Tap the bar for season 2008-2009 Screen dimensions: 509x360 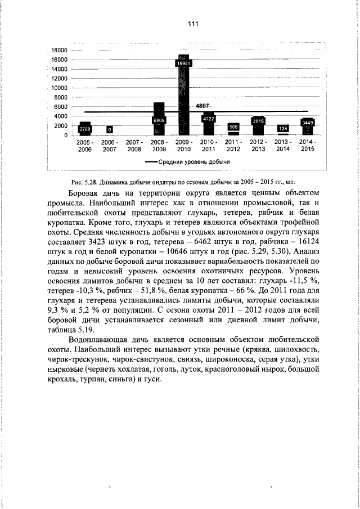point(159,119)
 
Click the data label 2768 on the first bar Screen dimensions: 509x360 point(84,129)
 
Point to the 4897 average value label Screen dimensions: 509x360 point(202,106)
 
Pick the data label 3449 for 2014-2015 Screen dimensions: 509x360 point(308,122)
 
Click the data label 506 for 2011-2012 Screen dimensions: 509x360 point(233,127)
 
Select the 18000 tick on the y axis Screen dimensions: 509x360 point(59,51)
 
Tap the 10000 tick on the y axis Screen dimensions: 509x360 point(59,88)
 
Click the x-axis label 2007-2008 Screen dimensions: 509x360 point(134,146)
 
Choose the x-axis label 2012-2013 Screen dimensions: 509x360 point(258,146)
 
